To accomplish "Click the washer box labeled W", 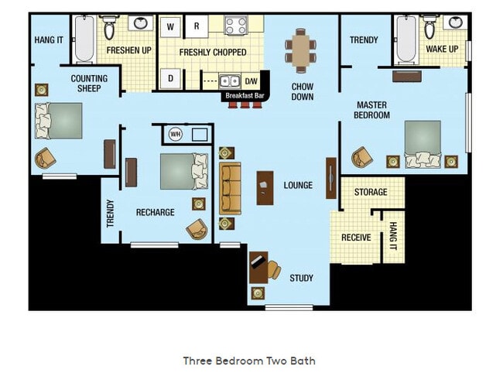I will [x=170, y=26].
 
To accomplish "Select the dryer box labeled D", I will [x=170, y=78].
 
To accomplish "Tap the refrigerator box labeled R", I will [x=197, y=26].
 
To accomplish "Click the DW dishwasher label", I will [x=251, y=80].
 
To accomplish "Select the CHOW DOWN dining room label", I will [x=302, y=91].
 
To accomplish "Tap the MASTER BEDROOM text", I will [x=373, y=110].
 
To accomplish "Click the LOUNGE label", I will [x=298, y=186].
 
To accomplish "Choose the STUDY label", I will [x=301, y=278].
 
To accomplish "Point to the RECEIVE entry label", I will [x=356, y=238].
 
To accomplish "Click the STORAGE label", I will [x=371, y=192].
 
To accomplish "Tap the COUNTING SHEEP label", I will [x=89, y=83].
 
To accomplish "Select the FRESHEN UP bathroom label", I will [x=128, y=50].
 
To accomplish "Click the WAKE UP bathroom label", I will [x=442, y=50].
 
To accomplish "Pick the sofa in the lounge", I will [x=231, y=188].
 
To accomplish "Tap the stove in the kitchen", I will [x=235, y=26].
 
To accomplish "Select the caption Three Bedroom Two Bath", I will [x=249, y=361].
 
